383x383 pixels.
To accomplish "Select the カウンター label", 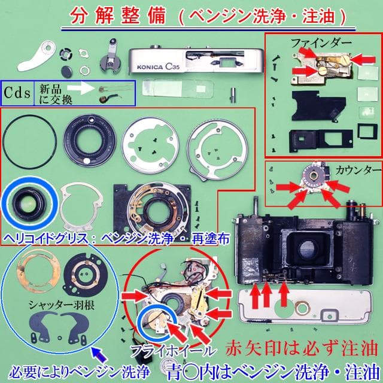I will [x=358, y=168].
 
